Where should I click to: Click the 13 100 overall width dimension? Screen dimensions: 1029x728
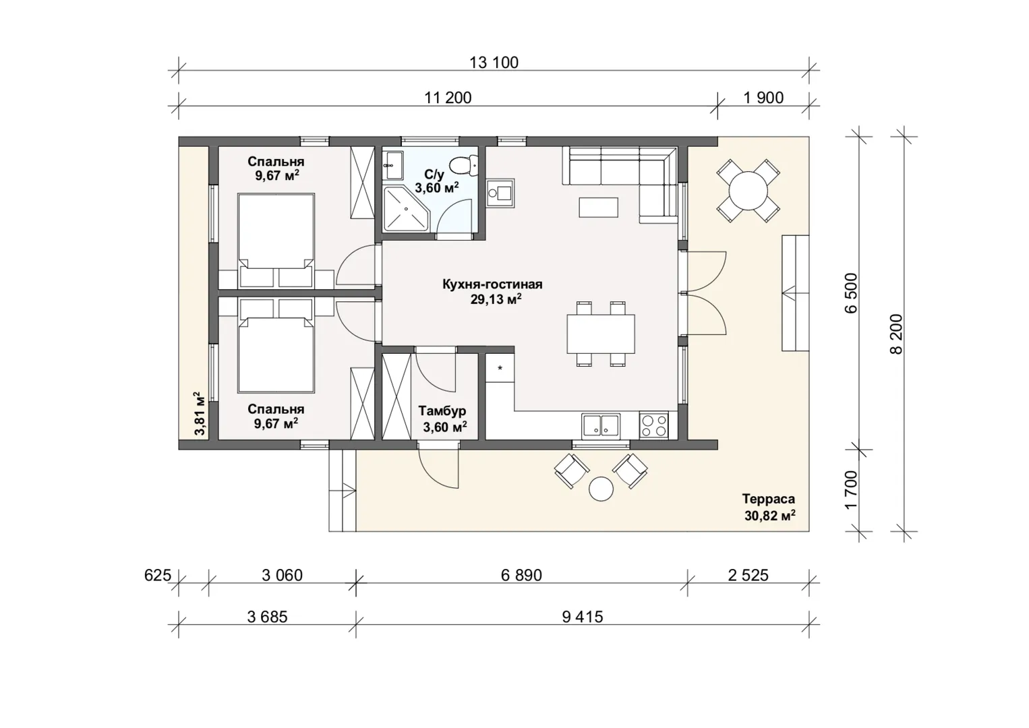pyautogui.click(x=494, y=63)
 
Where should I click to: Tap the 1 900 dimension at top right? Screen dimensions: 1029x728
pyautogui.click(x=763, y=98)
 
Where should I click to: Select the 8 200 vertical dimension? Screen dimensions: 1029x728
pyautogui.click(x=896, y=334)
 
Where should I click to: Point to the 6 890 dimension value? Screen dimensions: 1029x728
pyautogui.click(x=521, y=575)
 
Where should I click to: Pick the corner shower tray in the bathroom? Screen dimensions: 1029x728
pyautogui.click(x=406, y=208)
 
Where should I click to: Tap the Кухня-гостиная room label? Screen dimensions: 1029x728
pyautogui.click(x=492, y=284)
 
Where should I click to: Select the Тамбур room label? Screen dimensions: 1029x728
pyautogui.click(x=442, y=411)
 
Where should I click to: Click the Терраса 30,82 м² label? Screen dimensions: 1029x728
pyautogui.click(x=769, y=507)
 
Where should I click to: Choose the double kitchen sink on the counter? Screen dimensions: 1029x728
pyautogui.click(x=601, y=425)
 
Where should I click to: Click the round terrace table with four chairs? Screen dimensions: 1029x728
pyautogui.click(x=748, y=191)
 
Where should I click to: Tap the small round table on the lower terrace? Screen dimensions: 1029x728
pyautogui.click(x=601, y=489)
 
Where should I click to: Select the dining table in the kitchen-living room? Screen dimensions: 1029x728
pyautogui.click(x=601, y=334)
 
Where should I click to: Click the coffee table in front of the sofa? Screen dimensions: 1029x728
pyautogui.click(x=598, y=207)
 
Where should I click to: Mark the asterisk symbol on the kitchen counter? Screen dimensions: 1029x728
pyautogui.click(x=500, y=368)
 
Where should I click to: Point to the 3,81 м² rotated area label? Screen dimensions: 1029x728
pyautogui.click(x=199, y=413)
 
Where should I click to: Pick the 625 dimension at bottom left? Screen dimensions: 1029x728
pyautogui.click(x=158, y=575)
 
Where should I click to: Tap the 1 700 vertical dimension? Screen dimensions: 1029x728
pyautogui.click(x=851, y=489)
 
